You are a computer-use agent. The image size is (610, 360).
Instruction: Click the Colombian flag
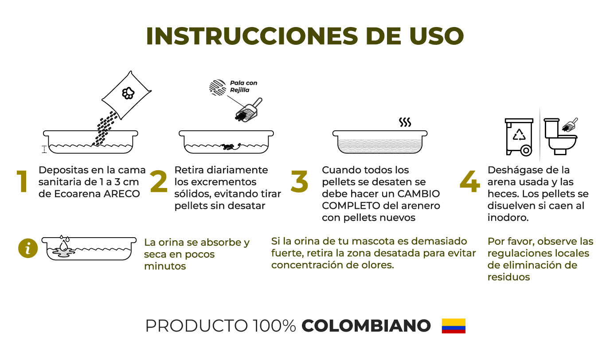(454, 326)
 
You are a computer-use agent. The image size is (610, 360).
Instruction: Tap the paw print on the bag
(128, 93)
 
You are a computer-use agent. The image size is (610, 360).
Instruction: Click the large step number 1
(22, 181)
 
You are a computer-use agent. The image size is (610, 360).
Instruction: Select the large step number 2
(159, 181)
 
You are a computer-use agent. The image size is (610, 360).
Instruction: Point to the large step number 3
(299, 182)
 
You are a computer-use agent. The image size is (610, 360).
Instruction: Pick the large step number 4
(470, 182)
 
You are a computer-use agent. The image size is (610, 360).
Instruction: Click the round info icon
(28, 248)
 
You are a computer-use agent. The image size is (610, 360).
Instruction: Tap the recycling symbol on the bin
(519, 134)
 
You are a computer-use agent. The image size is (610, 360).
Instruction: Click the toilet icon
(560, 137)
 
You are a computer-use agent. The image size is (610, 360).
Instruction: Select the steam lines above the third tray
(405, 122)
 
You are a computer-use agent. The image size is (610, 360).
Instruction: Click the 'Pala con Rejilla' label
(243, 86)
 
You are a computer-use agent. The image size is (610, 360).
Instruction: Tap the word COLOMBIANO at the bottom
(366, 326)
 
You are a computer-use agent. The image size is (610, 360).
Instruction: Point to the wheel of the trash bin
(526, 150)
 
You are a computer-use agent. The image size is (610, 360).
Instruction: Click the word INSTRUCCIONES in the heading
(252, 36)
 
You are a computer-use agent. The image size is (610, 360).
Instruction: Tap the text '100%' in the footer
(274, 326)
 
